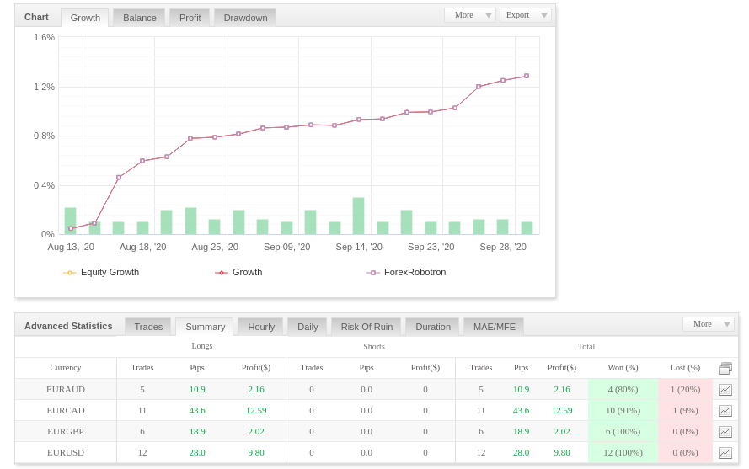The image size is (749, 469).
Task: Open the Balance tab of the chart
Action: coord(140,18)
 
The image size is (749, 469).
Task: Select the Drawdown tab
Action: coord(245,18)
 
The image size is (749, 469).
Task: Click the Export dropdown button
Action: coord(526,15)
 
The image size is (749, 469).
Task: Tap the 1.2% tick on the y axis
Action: coord(44,87)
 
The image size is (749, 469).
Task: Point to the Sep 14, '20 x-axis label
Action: coord(359,247)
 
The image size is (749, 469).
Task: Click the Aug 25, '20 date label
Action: coord(215,247)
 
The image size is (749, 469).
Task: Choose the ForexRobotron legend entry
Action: coord(406,272)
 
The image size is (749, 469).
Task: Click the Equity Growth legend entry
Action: coord(101,272)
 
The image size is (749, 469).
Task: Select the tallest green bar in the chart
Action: coord(358,216)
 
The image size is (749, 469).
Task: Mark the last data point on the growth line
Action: coord(527,76)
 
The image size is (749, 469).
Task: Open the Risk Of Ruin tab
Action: coord(366,327)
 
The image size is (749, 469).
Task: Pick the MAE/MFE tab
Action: coord(495,327)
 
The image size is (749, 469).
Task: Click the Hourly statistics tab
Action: coord(261,327)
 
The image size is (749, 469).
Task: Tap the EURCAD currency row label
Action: coord(66,411)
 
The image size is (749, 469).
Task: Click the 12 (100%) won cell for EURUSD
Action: coord(623,452)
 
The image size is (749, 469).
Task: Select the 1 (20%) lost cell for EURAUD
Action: coord(686,389)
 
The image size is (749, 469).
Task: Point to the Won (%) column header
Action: coord(623,368)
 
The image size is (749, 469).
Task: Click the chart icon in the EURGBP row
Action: coord(725,432)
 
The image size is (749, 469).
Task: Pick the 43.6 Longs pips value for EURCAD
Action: coord(197,411)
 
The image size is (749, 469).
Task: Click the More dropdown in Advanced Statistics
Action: coord(709,324)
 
